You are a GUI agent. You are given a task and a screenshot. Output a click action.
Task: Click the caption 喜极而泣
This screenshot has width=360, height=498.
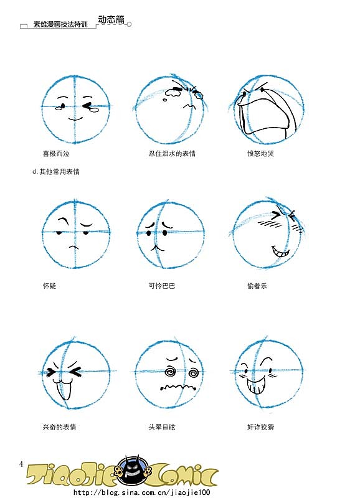pos(56,154)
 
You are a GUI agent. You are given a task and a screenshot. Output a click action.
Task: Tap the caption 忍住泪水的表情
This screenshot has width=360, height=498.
pos(172,154)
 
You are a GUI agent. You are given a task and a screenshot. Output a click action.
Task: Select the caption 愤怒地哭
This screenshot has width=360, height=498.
pos(260,154)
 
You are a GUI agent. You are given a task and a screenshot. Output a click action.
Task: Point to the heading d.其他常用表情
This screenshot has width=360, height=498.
pos(56,172)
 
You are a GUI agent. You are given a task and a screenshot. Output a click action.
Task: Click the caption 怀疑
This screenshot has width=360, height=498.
pos(49,286)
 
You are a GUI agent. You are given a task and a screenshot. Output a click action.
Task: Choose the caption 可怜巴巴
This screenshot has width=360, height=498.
pos(162,286)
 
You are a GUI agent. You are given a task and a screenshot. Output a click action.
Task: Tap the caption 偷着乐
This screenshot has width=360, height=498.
pos(257,286)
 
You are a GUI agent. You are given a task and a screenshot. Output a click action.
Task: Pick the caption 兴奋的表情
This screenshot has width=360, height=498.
pos(59,427)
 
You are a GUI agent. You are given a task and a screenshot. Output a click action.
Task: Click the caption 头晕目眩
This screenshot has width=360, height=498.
pos(162,427)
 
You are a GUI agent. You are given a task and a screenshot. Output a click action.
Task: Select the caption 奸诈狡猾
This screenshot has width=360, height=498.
pos(260,427)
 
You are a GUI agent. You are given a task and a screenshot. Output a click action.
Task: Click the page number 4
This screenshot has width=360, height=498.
pos(21,464)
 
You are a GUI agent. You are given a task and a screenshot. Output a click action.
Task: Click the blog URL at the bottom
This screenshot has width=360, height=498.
pos(142,492)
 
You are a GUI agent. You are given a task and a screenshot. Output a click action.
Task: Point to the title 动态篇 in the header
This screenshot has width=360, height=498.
pos(111,19)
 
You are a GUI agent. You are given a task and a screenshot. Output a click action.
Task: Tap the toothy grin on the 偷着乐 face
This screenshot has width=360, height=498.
pos(280,253)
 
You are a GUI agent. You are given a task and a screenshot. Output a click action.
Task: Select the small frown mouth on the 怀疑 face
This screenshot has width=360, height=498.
pos(73,247)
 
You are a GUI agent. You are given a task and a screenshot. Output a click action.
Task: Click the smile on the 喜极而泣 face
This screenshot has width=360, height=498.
pos(75,119)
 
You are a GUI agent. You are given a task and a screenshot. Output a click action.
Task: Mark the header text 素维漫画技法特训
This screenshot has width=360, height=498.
pos(60,24)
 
